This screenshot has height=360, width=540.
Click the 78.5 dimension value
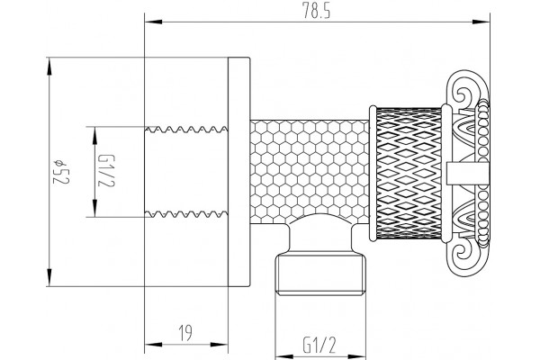[317, 11]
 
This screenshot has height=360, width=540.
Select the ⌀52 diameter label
[61, 172]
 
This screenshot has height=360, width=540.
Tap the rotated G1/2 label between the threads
[106, 171]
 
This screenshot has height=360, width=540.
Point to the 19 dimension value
[185, 333]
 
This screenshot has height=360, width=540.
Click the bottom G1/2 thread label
[319, 345]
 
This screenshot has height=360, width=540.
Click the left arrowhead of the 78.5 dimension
[153, 22]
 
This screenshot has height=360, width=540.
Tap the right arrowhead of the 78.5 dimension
[481, 22]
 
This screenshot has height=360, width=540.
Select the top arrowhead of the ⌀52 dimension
[49, 66]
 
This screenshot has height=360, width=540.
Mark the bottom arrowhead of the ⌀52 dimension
[49, 277]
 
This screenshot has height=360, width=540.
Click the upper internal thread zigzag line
[186, 130]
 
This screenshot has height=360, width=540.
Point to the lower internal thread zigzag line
[186, 214]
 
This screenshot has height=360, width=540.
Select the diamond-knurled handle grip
[409, 173]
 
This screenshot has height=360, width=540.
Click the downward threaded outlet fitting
[320, 274]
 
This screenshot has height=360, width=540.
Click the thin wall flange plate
[239, 172]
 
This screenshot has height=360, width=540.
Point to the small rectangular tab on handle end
[468, 173]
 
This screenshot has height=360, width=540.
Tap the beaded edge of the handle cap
[483, 174]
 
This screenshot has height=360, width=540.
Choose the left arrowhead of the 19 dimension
[153, 344]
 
